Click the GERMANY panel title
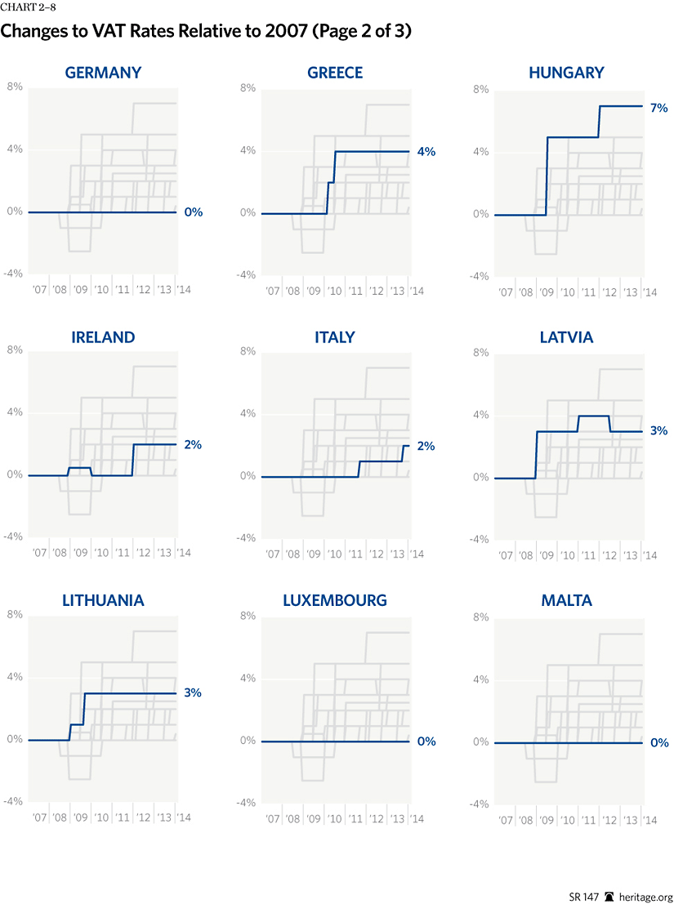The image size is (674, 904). click(x=103, y=73)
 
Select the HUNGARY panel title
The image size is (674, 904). click(x=566, y=73)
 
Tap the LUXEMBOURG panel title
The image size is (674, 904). click(x=335, y=600)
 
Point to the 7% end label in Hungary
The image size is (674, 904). click(x=658, y=108)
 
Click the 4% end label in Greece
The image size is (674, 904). click(x=426, y=151)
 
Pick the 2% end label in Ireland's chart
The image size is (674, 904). click(x=193, y=444)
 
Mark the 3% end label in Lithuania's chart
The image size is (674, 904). click(x=193, y=692)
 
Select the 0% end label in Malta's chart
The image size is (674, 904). click(x=658, y=743)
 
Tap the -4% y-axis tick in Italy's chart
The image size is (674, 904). click(x=247, y=537)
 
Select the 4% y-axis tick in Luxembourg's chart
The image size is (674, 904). click(x=248, y=678)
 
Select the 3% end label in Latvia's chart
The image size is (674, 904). click(x=658, y=430)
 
